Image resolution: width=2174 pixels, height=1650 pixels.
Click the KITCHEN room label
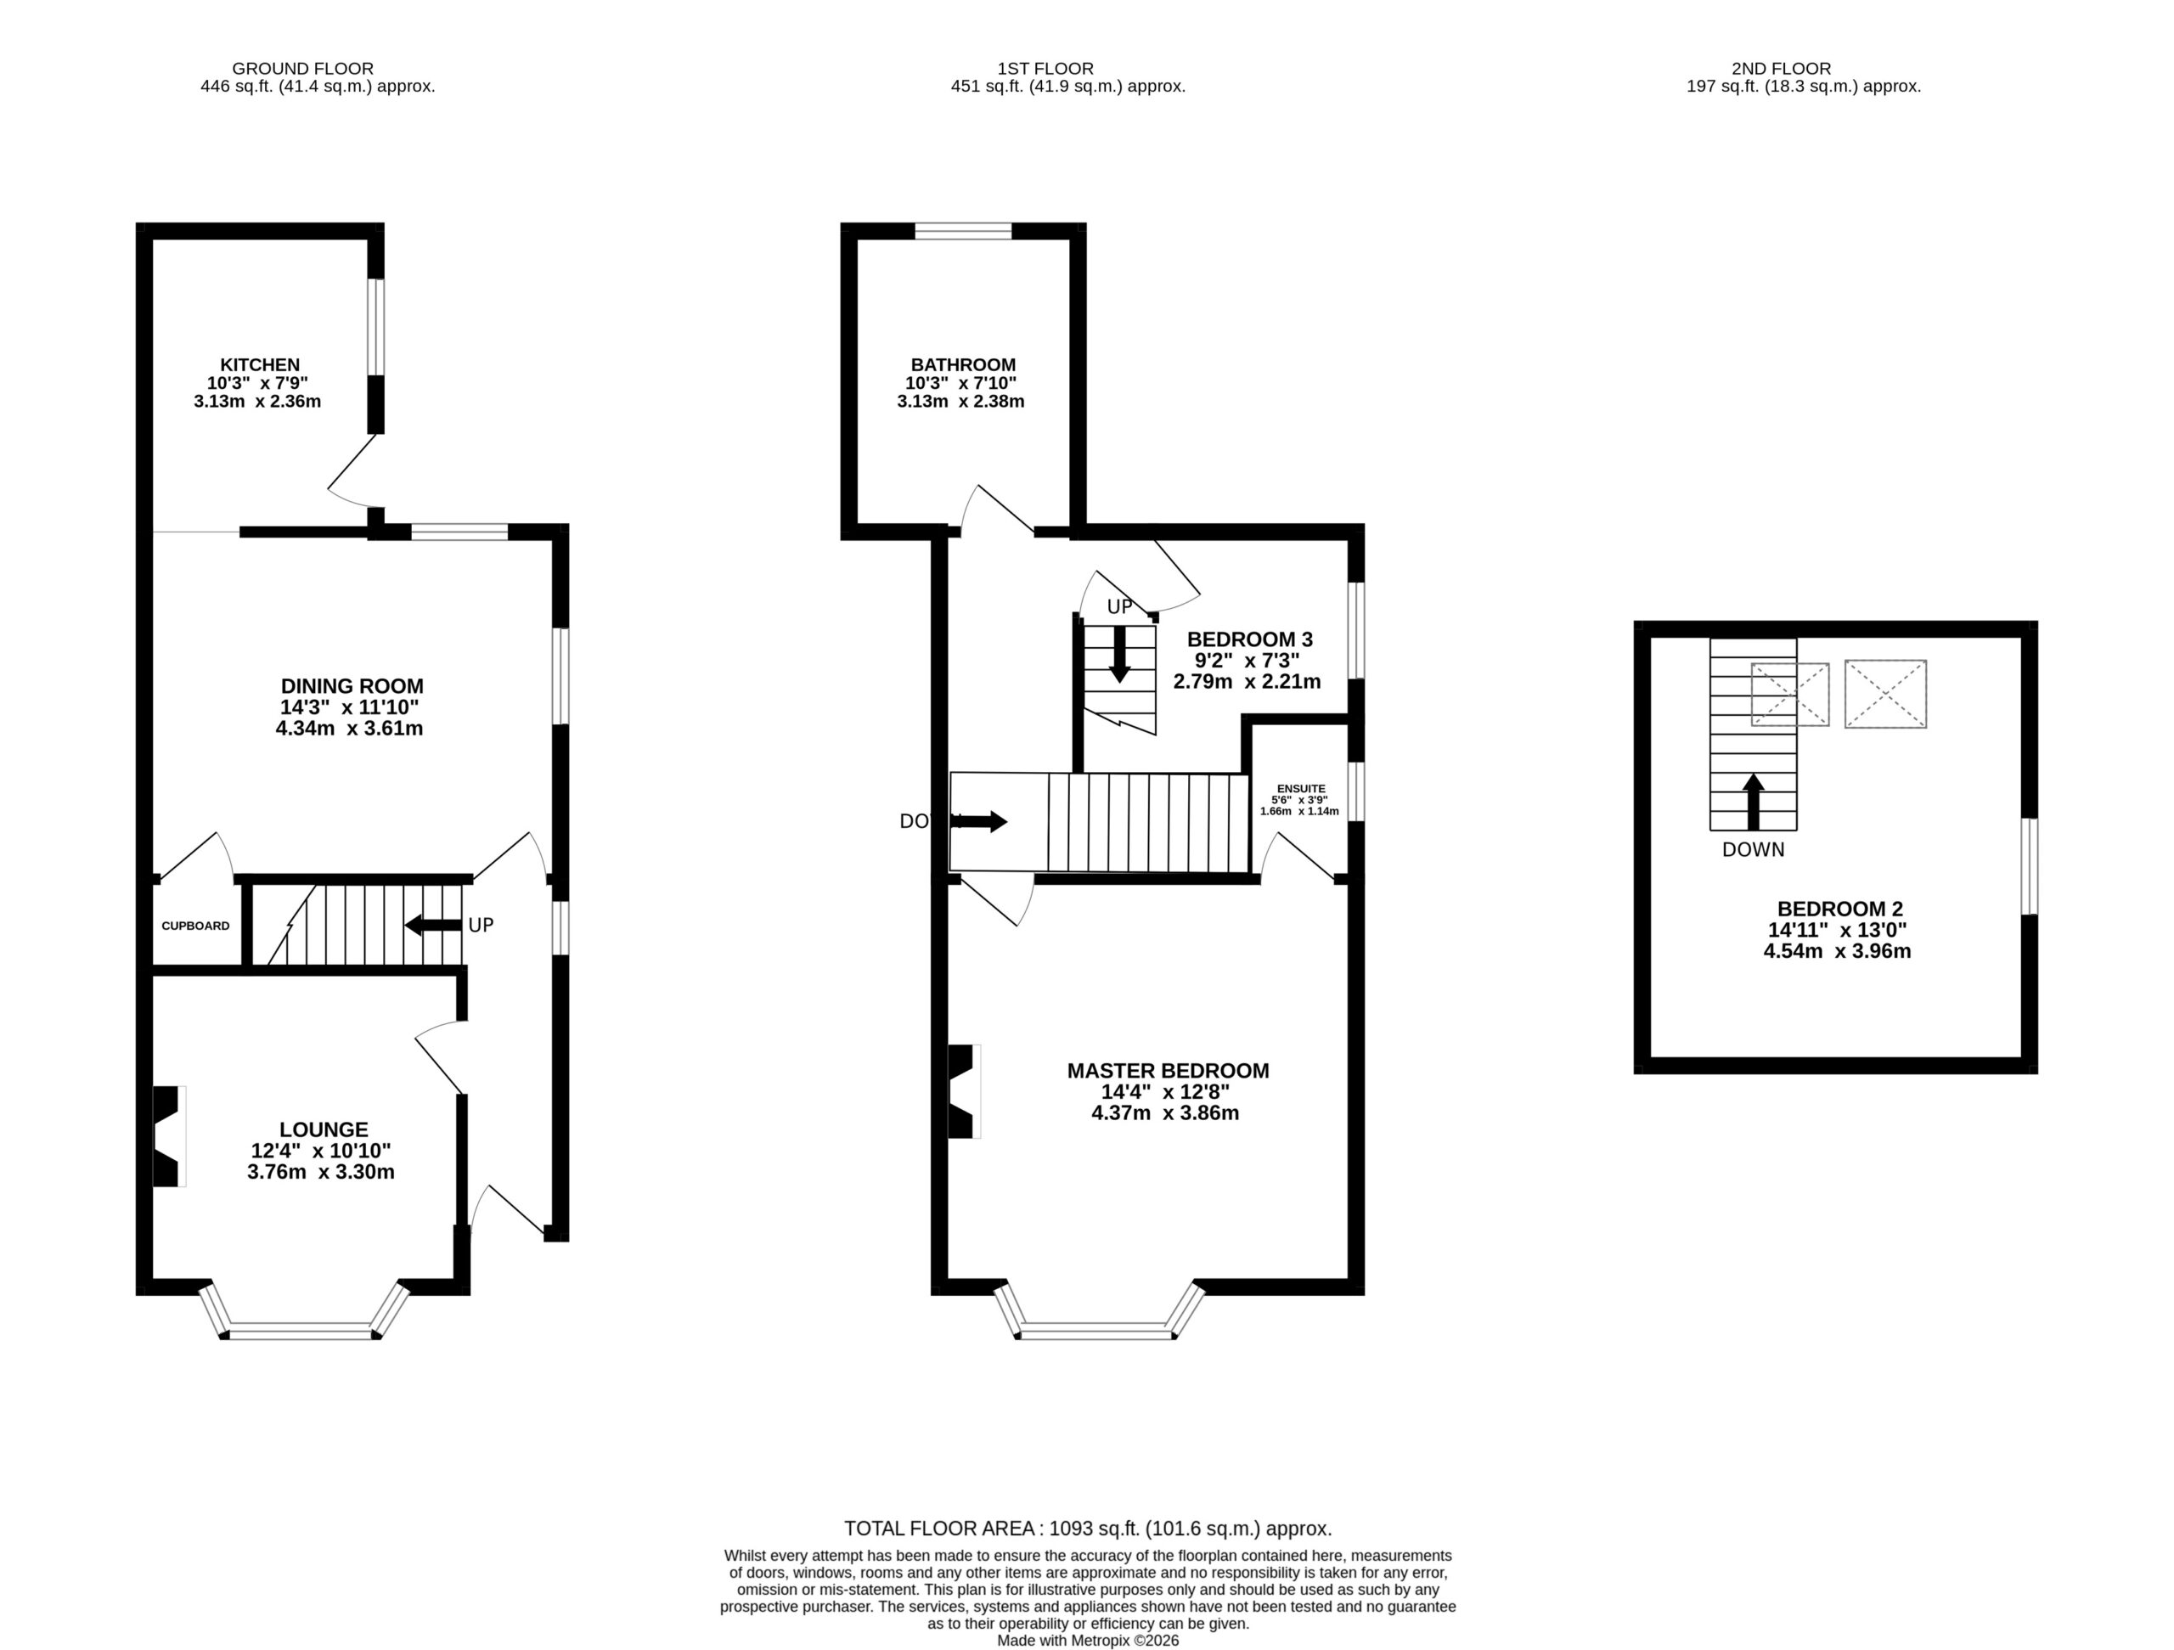click(260, 364)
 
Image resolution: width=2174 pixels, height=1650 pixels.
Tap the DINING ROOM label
click(352, 686)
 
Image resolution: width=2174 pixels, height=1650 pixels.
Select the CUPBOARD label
click(195, 926)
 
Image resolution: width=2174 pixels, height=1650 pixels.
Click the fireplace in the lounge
click(169, 1135)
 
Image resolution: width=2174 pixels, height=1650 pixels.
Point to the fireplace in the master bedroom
click(964, 1091)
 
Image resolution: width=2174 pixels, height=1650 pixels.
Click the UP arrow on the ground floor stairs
click(433, 925)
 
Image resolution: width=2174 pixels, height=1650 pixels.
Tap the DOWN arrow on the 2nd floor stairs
click(1754, 802)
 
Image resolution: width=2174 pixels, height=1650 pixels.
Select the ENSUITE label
click(1301, 788)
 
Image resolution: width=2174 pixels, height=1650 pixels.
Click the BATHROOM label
click(963, 364)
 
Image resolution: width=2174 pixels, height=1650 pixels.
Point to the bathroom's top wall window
click(963, 232)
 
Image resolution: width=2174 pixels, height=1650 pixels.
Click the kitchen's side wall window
click(376, 327)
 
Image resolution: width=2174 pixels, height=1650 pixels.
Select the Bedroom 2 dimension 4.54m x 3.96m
click(1837, 950)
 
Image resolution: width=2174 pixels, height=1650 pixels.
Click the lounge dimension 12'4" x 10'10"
click(321, 1151)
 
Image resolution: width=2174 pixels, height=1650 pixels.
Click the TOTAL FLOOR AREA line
click(1088, 1529)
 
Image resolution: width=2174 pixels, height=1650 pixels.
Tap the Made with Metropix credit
click(1088, 1640)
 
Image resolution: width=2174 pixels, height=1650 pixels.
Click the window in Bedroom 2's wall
click(2030, 866)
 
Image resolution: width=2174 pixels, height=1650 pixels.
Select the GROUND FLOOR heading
click(302, 69)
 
